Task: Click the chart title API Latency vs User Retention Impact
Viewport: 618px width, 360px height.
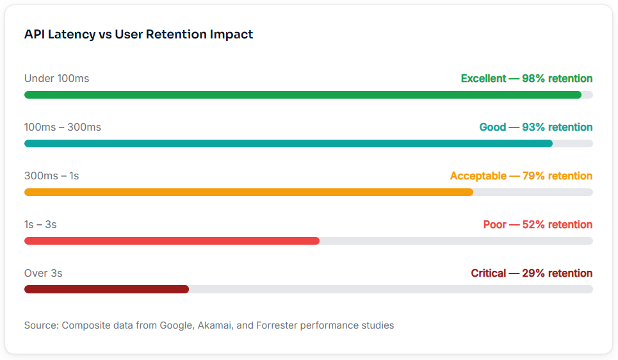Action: (138, 35)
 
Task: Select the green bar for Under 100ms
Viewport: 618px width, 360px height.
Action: (303, 95)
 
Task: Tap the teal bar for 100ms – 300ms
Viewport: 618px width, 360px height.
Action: (288, 143)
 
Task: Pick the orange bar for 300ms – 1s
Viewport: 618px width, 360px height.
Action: (248, 192)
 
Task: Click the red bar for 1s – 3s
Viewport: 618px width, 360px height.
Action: (172, 241)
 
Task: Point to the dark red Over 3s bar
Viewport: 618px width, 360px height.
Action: (106, 290)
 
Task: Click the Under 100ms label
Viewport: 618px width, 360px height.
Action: (57, 78)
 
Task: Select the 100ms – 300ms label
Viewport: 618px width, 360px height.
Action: (63, 127)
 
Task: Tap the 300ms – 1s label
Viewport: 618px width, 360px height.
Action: (52, 176)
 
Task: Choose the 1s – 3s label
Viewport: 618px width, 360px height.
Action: (40, 224)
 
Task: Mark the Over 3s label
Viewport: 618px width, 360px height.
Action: (44, 273)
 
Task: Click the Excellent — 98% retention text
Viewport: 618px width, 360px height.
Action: (526, 78)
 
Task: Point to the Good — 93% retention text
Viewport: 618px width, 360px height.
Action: (536, 127)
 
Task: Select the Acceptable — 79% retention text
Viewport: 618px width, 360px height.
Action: (521, 176)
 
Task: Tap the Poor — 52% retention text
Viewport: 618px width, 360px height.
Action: (538, 224)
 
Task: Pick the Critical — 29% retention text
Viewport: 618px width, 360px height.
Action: (532, 273)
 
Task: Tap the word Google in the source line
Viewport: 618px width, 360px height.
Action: (177, 325)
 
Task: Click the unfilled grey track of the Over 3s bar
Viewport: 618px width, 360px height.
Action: (391, 290)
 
